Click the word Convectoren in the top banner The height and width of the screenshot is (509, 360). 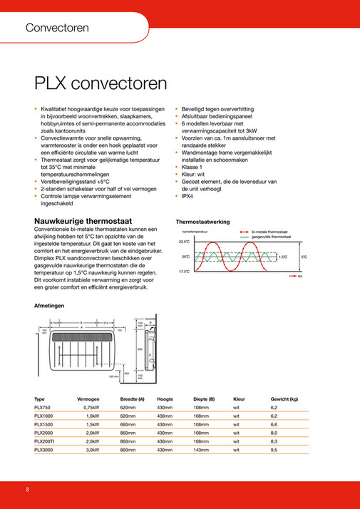(57, 29)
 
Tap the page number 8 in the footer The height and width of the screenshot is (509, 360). (27, 490)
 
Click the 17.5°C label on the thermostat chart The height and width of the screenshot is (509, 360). (184, 272)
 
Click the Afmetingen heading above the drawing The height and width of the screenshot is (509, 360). (50, 306)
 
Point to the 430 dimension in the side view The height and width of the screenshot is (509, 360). (140, 349)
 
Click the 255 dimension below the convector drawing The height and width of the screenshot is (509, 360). (127, 373)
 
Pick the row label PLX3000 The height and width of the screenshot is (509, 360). (45, 451)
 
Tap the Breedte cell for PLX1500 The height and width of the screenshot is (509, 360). (128, 424)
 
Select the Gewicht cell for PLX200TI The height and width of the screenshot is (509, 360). (274, 442)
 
